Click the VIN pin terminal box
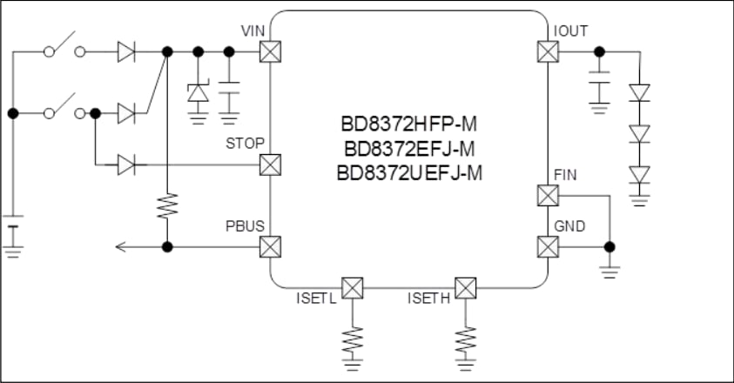click(x=271, y=52)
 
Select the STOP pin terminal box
click(x=271, y=164)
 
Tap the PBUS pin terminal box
click(x=271, y=247)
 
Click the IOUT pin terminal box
click(x=547, y=52)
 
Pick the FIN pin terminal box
click(x=547, y=195)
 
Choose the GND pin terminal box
click(x=547, y=247)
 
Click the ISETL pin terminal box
click(x=352, y=287)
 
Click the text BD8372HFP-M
click(x=408, y=125)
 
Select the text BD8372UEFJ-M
click(x=408, y=172)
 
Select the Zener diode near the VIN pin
click(x=199, y=91)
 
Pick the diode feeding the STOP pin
click(x=126, y=164)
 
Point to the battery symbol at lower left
click(x=12, y=233)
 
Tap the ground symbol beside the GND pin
click(x=609, y=270)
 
